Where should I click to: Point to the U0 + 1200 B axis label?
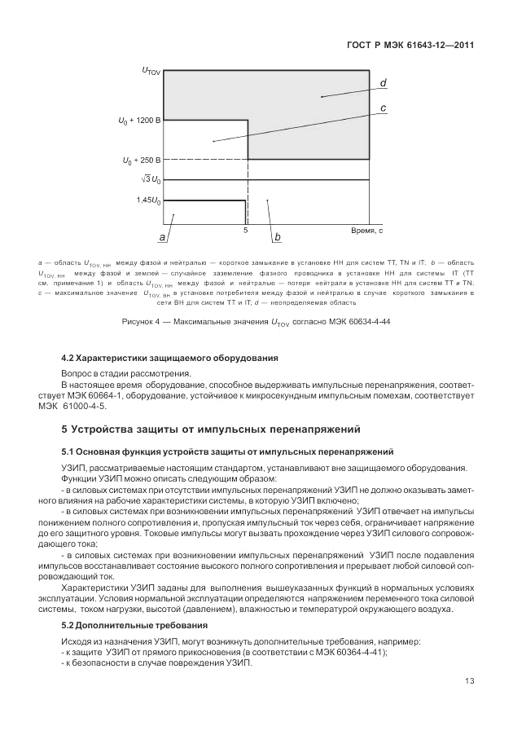pos(140,121)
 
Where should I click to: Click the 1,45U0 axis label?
pos(148,200)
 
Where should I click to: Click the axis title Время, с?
pos(366,231)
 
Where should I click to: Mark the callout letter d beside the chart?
pos(383,83)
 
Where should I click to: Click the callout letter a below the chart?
pos(163,237)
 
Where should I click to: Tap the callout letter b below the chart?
pos(277,237)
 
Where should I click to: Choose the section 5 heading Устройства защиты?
pos(212,429)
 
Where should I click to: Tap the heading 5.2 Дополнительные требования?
pos(134,625)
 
